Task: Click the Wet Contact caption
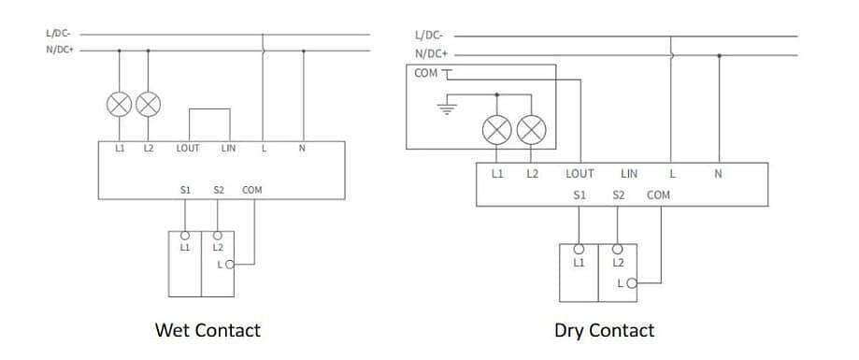click(x=208, y=330)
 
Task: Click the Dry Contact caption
click(x=604, y=330)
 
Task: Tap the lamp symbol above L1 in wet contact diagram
click(x=119, y=104)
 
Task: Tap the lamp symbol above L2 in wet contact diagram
click(x=148, y=104)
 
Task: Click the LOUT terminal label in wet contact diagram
click(x=188, y=149)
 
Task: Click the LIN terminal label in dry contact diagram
click(x=629, y=174)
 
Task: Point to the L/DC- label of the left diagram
click(x=58, y=34)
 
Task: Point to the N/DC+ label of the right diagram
click(x=431, y=54)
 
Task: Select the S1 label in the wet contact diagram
click(x=185, y=190)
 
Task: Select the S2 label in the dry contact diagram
click(x=618, y=195)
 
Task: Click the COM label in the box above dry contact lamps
click(x=425, y=73)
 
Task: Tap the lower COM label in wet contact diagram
click(x=252, y=190)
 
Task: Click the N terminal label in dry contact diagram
click(x=718, y=174)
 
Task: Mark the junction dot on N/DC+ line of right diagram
click(x=719, y=55)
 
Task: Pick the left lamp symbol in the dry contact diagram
click(x=497, y=129)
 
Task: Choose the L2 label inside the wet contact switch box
click(x=218, y=248)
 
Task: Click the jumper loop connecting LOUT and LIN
click(x=210, y=109)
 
